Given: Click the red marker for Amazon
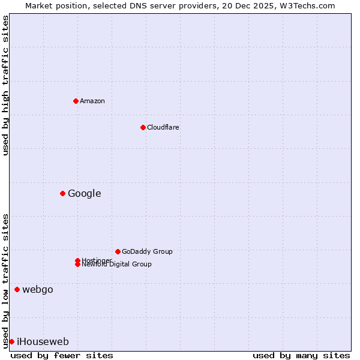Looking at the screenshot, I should (76, 101).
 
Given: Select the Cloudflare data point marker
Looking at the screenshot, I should (143, 127).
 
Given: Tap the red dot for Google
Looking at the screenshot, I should (62, 193).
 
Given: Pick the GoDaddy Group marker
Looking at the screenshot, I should (118, 251).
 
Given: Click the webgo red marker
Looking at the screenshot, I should (17, 290).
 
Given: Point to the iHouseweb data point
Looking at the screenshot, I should (11, 341).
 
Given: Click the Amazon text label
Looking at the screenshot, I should (92, 101).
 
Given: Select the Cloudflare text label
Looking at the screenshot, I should (163, 127).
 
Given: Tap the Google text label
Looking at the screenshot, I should (85, 193).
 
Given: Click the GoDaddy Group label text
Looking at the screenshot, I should (147, 251).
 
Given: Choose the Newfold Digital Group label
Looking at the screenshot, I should (117, 265).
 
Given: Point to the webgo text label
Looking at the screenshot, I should (38, 290).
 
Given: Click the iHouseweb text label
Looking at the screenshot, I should (43, 342).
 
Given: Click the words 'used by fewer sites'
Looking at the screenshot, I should (62, 355).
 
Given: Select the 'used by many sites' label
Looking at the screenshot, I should (301, 355).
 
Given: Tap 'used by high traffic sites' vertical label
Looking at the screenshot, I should (5, 85).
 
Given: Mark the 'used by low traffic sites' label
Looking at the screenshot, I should (5, 280).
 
